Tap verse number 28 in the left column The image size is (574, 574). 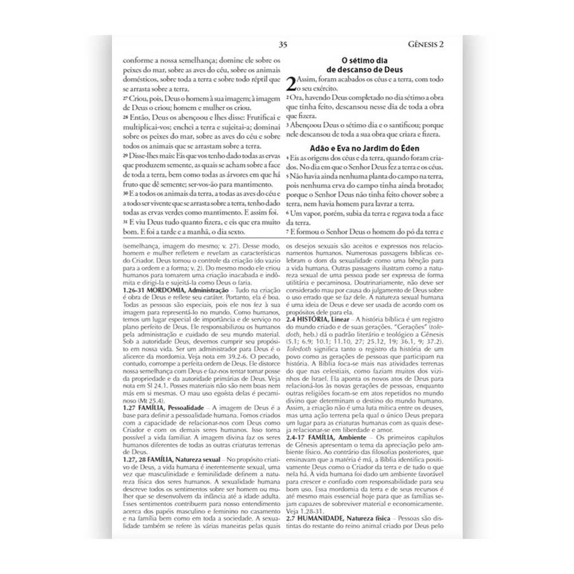(126, 118)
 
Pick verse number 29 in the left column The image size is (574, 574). (126, 155)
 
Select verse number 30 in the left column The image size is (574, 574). (126, 194)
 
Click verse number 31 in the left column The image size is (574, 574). (126, 221)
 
